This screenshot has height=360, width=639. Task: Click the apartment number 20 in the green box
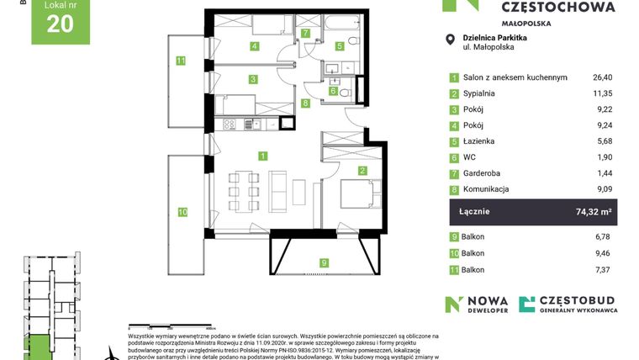click(59, 24)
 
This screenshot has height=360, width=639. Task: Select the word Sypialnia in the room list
click(481, 93)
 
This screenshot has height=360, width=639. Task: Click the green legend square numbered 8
click(454, 189)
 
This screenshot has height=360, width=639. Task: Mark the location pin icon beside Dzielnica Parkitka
click(451, 38)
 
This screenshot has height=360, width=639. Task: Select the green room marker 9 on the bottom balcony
click(325, 262)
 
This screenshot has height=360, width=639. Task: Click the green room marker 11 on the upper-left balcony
click(181, 60)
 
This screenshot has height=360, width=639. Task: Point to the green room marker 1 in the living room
click(263, 156)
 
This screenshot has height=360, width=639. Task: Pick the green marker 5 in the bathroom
click(340, 46)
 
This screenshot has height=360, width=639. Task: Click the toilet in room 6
click(344, 90)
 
